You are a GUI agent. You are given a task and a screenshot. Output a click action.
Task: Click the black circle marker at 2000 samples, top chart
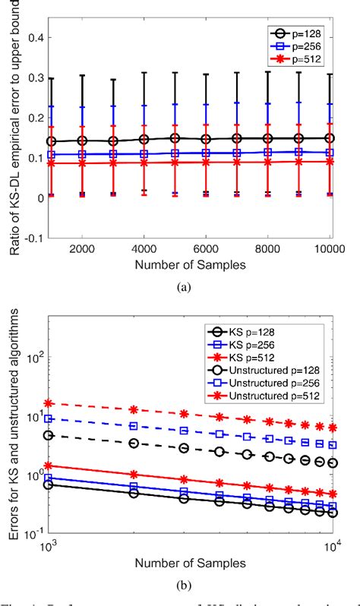point(82,140)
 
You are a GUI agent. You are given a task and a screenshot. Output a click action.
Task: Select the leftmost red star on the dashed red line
point(49,403)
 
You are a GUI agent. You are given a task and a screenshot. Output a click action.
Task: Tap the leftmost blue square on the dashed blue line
point(49,418)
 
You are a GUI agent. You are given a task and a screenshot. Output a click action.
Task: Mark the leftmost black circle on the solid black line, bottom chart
point(49,484)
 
